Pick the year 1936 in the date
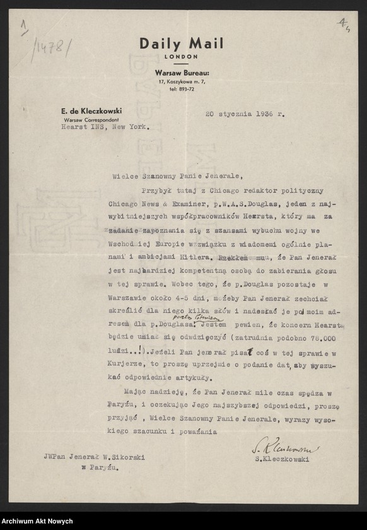264,114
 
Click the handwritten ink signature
288,449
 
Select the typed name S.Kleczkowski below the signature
288,461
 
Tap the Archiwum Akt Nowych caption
38,521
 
